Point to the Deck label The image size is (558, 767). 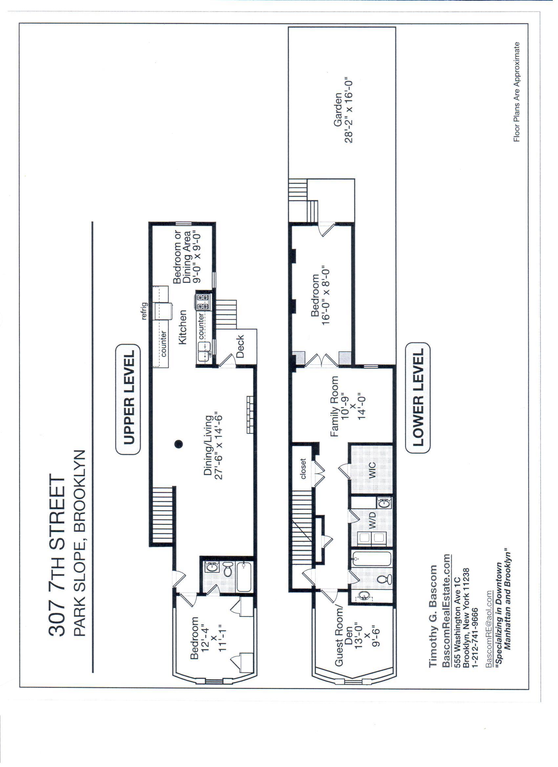[240, 346]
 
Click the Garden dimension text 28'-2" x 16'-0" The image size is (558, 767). [349, 112]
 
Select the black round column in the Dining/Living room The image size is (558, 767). [179, 444]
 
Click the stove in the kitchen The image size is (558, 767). [203, 302]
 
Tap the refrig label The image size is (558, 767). [144, 311]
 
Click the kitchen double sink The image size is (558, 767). [204, 352]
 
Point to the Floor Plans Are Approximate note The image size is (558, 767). [516, 92]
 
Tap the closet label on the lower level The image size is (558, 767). [303, 469]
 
